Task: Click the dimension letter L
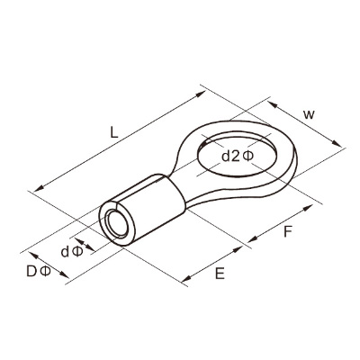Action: (x=113, y=132)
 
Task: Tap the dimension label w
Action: (x=309, y=114)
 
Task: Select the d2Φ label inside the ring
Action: (x=238, y=156)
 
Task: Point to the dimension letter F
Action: (x=287, y=231)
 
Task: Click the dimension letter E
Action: (x=220, y=274)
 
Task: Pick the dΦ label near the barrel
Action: (x=72, y=252)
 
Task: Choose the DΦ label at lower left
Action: (x=39, y=272)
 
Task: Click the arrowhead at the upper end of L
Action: (x=201, y=94)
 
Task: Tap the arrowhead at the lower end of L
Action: (x=39, y=189)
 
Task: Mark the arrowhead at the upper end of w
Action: (x=273, y=104)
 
